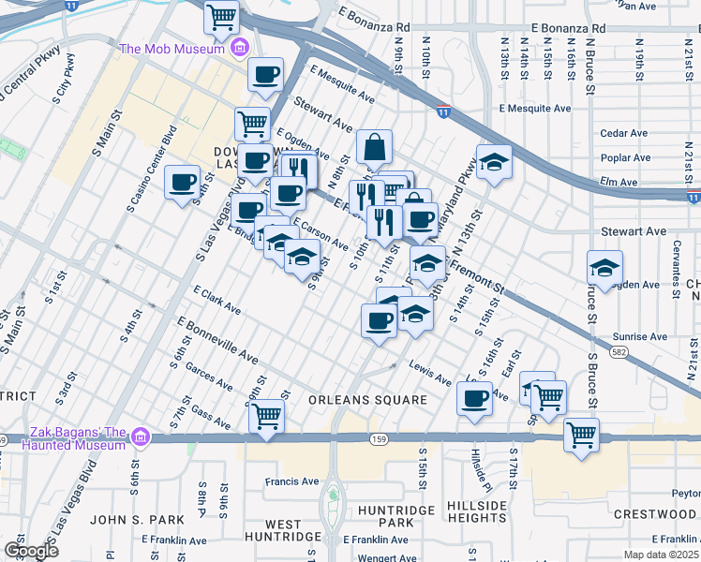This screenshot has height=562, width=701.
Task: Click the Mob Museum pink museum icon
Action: pyautogui.click(x=240, y=48)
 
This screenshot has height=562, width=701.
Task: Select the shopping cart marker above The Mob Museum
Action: pyautogui.click(x=222, y=16)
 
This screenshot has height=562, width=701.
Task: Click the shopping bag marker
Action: pyautogui.click(x=375, y=147)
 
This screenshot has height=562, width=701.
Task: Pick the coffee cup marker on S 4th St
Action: pyautogui.click(x=182, y=182)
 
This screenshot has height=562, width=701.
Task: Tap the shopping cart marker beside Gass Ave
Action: pyautogui.click(x=267, y=414)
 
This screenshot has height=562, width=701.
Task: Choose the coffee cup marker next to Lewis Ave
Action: pyautogui.click(x=475, y=398)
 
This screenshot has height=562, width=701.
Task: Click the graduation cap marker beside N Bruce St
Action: pyautogui.click(x=605, y=268)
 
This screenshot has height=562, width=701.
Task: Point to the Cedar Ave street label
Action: pyautogui.click(x=625, y=133)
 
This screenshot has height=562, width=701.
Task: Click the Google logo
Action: pyautogui.click(x=31, y=550)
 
